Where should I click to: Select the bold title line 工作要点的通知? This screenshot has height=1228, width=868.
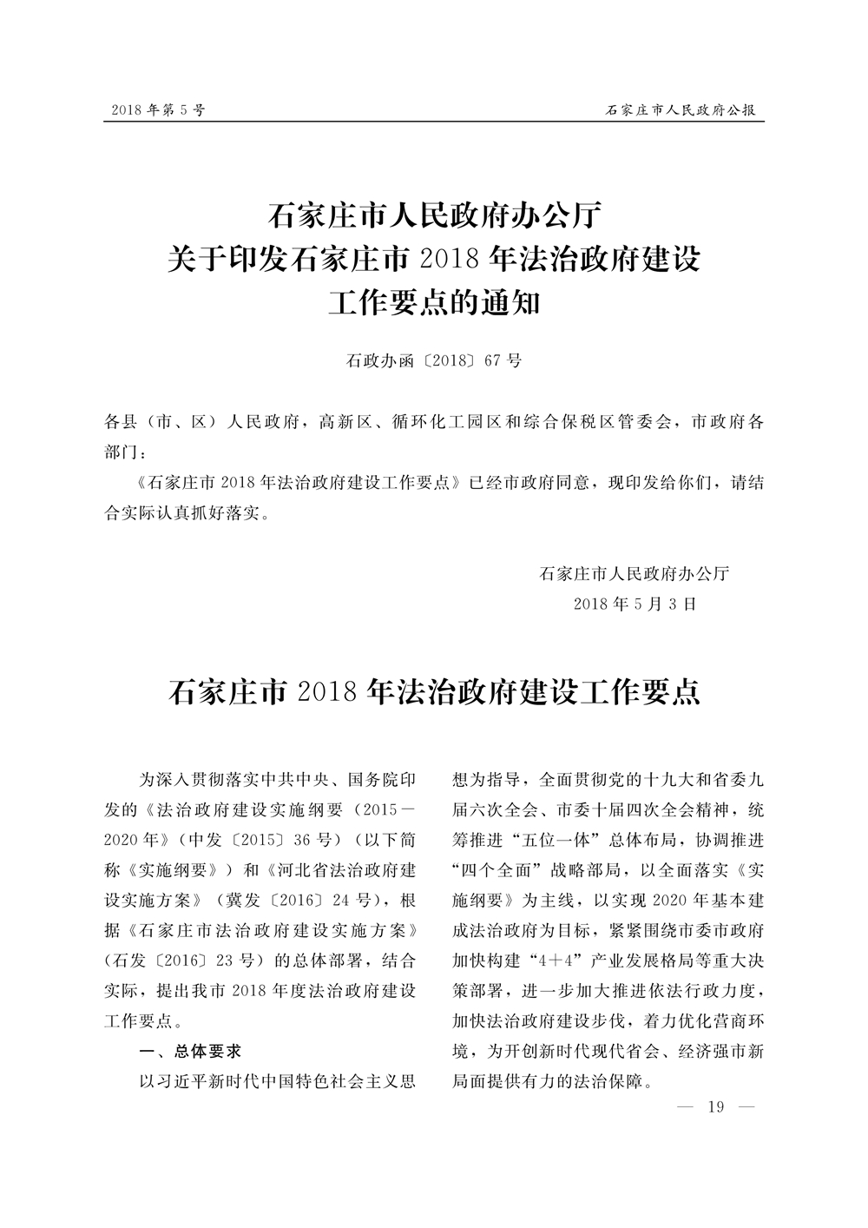coord(434,303)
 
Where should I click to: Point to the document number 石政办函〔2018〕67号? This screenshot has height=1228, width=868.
coord(434,360)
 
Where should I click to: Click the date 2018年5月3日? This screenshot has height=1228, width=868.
coord(635,604)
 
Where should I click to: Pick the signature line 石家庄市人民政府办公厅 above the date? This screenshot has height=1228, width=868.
coord(635,573)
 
